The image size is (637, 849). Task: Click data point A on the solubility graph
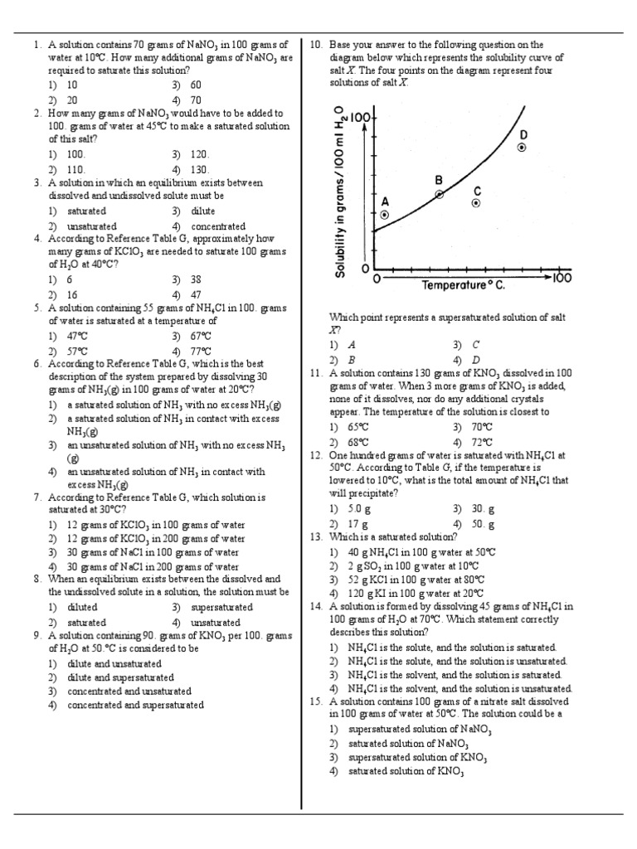point(383,214)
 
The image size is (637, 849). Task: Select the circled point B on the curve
point(440,194)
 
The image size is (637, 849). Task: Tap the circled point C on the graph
point(476,202)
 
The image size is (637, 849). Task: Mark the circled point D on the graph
point(522,147)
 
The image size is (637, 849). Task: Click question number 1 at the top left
point(37,45)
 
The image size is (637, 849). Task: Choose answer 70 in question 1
point(196,99)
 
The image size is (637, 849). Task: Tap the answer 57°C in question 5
point(77,351)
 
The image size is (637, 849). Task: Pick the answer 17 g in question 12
point(359,524)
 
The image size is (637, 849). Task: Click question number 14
point(315,607)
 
